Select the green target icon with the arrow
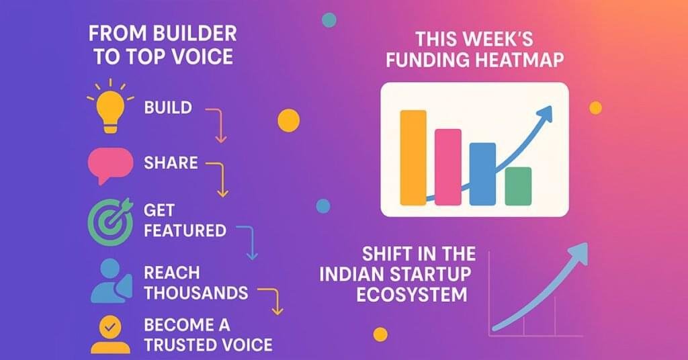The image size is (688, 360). [110, 221]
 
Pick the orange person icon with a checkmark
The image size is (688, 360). [110, 334]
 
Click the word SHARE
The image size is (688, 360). [171, 163]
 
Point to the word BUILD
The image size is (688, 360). [168, 108]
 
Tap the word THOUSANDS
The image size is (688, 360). [196, 293]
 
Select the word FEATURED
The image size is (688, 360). [185, 230]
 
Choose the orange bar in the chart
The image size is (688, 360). [413, 158]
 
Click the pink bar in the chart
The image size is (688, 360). [448, 167]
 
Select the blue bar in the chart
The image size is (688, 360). [482, 174]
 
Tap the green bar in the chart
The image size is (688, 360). [518, 186]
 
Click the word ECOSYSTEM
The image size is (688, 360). [412, 295]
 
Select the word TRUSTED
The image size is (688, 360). [177, 345]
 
